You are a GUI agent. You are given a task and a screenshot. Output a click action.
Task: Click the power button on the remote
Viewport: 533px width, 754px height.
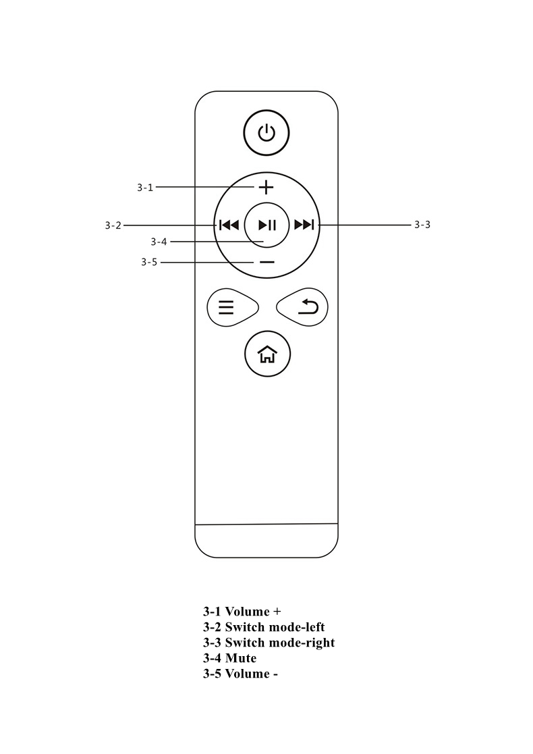coord(266,133)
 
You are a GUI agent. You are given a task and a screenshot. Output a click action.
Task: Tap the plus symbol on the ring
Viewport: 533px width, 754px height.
coord(266,187)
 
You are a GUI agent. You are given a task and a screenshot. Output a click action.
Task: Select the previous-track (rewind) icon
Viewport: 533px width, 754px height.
coord(229,225)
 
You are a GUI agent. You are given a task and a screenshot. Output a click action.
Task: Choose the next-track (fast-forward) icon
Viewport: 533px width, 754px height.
coord(304,225)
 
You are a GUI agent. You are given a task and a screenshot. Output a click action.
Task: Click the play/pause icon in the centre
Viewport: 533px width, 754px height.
coord(267,225)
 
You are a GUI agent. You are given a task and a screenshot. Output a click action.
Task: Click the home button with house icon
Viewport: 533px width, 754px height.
coord(268,354)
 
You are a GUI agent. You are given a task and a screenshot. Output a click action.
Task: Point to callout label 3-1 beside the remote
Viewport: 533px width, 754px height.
coord(144,188)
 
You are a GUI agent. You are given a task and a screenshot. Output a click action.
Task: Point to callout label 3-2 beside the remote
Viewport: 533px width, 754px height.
coord(113,225)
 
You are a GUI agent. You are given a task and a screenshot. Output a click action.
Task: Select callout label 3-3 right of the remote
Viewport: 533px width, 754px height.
coord(422,225)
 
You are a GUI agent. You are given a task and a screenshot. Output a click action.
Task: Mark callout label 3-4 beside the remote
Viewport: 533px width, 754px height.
coord(159,242)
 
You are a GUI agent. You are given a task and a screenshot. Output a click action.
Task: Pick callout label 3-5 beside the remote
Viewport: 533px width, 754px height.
coord(149,262)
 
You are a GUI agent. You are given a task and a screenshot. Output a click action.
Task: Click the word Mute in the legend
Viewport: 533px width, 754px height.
coord(241,658)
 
